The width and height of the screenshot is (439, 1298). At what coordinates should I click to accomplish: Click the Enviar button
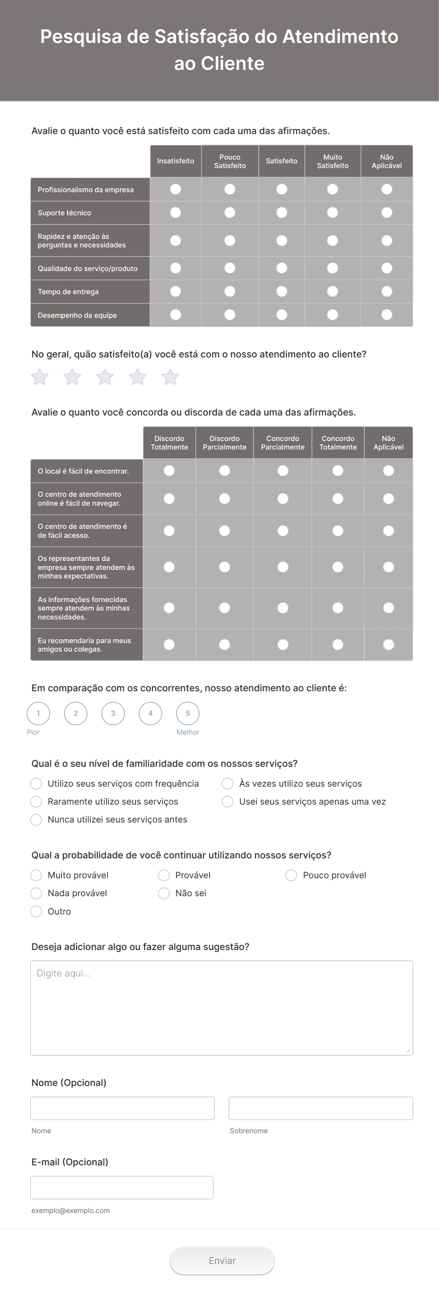click(x=222, y=1260)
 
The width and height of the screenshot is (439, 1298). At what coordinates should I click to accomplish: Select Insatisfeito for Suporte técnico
click(x=176, y=212)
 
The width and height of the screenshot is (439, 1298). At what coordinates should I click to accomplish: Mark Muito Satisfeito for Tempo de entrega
click(x=332, y=291)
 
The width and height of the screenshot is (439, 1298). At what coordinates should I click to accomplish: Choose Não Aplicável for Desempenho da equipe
click(x=387, y=315)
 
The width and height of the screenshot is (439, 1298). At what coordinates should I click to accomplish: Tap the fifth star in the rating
click(x=170, y=377)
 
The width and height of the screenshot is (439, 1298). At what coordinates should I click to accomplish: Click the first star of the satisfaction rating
click(x=40, y=377)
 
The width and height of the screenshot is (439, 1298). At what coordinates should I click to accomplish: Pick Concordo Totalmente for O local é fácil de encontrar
click(x=338, y=471)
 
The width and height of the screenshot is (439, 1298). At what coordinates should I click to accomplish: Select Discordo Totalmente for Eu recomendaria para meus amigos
click(x=169, y=645)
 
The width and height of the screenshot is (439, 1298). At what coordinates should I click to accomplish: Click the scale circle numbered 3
click(x=113, y=713)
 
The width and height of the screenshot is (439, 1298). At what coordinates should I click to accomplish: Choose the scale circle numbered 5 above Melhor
click(x=187, y=713)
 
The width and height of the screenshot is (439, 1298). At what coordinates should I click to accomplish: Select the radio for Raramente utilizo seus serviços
click(x=36, y=802)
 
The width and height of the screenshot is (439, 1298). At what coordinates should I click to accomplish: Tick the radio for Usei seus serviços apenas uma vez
click(x=228, y=802)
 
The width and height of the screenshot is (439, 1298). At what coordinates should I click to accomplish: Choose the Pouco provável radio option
click(x=291, y=875)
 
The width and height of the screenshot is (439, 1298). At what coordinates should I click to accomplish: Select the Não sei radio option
click(x=164, y=893)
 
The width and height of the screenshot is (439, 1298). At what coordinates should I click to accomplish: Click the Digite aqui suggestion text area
click(x=221, y=1008)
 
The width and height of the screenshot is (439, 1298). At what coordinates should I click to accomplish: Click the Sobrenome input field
click(x=321, y=1108)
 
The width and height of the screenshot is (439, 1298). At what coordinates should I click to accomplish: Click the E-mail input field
click(x=122, y=1188)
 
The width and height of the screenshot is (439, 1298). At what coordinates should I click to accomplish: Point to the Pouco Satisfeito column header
click(x=230, y=161)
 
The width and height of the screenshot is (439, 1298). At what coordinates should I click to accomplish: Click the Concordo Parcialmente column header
click(x=283, y=443)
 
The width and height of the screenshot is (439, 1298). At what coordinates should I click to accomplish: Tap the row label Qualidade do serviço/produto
click(x=88, y=269)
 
